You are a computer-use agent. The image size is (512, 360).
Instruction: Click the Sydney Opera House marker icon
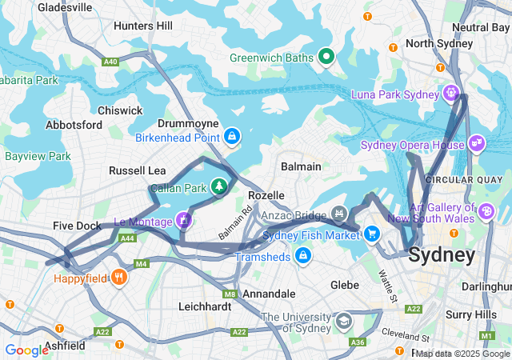point(477,142)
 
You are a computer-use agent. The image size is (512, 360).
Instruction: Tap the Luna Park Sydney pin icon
point(452,94)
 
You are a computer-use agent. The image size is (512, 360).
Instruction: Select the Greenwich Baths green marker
point(326,57)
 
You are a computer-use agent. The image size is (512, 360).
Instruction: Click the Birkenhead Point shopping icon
point(232,136)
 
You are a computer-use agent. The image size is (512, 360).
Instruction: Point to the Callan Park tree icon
point(218,186)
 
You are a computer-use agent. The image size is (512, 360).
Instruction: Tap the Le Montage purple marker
point(184,218)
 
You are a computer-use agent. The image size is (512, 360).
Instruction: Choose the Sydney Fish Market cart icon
point(371,233)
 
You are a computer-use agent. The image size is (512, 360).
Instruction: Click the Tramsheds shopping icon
point(302,255)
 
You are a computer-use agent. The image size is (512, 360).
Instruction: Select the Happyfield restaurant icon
point(119,278)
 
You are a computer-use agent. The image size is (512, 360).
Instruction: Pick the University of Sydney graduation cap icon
point(343,321)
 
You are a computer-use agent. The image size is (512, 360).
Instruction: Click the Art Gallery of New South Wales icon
point(486,211)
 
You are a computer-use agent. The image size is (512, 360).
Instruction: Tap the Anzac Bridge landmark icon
point(339,214)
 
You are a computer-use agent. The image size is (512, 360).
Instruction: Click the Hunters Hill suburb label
point(142,26)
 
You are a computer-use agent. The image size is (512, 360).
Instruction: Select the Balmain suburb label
point(301,166)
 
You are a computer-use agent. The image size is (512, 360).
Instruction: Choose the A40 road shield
point(110,61)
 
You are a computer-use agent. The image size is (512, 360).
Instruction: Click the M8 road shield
point(230,295)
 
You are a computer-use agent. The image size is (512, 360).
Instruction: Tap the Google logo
point(26,350)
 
